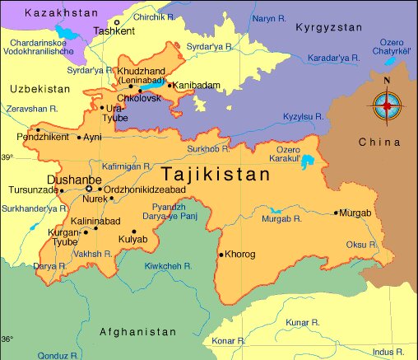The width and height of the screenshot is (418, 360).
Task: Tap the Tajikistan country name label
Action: tap(216, 175)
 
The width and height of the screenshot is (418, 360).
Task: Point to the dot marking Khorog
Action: tap(220, 255)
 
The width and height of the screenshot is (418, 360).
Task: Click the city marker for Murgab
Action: tap(336, 213)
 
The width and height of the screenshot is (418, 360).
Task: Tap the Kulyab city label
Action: tap(132, 239)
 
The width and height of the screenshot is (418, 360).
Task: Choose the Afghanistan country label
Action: tap(137, 331)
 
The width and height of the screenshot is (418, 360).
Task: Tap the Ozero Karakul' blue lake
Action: tap(309, 161)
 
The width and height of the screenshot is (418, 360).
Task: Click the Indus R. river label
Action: tap(388, 353)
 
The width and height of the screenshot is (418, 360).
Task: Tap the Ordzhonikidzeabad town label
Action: tap(144, 189)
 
